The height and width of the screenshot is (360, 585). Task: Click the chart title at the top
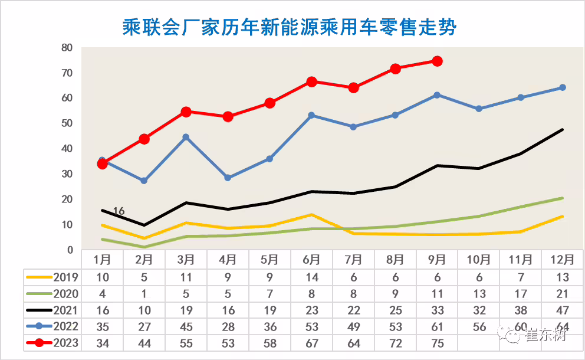pyautogui.click(x=289, y=27)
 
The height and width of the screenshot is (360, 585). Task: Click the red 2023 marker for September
pyautogui.click(x=437, y=61)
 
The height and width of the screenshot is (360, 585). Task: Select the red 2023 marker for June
pyautogui.click(x=311, y=81)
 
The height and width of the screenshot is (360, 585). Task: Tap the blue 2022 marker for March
pyautogui.click(x=186, y=137)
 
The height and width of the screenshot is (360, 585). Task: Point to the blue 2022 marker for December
pyautogui.click(x=562, y=87)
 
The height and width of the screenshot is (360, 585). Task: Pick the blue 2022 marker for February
pyautogui.click(x=144, y=181)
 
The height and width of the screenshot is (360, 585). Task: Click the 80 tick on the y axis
pyautogui.click(x=67, y=48)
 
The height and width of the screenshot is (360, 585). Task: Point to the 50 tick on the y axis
pyautogui.click(x=67, y=123)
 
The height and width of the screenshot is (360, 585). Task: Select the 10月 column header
pyautogui.click(x=479, y=259)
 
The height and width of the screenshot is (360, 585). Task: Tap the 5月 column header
pyautogui.click(x=270, y=259)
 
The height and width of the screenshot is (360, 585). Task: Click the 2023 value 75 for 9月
pyautogui.click(x=437, y=343)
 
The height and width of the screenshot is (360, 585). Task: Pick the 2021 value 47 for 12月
pyautogui.click(x=563, y=309)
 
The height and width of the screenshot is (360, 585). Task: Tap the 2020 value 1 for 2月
pyautogui.click(x=144, y=293)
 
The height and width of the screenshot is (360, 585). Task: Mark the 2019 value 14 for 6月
pyautogui.click(x=311, y=276)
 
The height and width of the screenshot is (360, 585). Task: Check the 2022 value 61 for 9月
pyautogui.click(x=437, y=326)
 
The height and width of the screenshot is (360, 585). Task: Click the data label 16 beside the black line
pyautogui.click(x=119, y=211)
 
